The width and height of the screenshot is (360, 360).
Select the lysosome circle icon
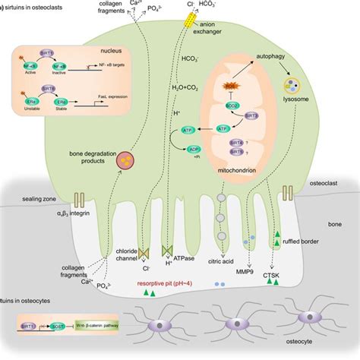tap(292, 89)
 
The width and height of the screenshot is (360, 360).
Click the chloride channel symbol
tap(146, 251)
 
